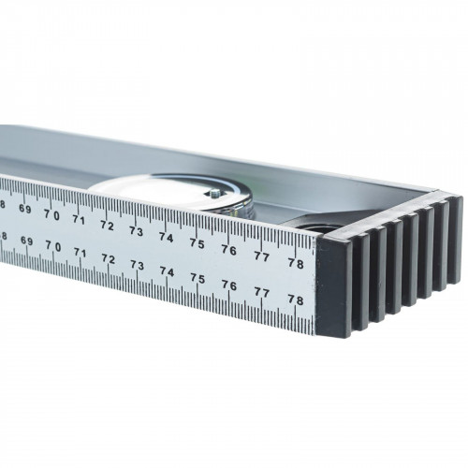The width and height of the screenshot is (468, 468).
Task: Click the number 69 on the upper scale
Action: click(25, 209)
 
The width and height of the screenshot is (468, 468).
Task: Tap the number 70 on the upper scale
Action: click(51, 214)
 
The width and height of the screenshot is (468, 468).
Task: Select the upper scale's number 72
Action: click(107, 226)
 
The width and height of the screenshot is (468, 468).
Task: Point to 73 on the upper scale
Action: click(137, 231)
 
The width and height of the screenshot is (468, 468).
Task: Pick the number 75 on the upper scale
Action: click(197, 243)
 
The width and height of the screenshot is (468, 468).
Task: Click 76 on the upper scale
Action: click(229, 250)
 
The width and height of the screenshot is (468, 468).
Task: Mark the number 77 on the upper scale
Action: click(261, 256)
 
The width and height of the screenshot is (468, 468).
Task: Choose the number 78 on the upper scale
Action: click(296, 263)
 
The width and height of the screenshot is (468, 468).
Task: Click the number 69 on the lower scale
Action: click(27, 241)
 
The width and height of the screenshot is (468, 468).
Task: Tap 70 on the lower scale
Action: click(53, 246)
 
